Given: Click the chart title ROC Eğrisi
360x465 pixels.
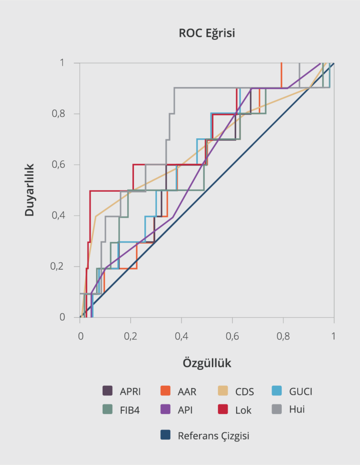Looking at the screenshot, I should (207, 33).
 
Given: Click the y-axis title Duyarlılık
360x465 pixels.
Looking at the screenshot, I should (30, 190).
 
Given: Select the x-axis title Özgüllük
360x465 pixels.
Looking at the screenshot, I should (207, 363).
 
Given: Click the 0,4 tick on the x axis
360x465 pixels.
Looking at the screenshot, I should (181, 336).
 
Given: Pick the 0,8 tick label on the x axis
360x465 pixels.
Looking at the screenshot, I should (283, 336).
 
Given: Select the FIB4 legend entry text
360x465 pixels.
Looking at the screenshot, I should (130, 410).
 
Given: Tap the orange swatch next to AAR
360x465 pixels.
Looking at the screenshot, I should (165, 391).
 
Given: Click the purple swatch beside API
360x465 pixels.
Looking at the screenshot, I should (165, 410).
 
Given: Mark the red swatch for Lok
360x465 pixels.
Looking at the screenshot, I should (223, 410).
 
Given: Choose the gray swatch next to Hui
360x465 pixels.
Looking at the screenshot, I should (277, 409).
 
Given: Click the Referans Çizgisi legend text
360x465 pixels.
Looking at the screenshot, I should (213, 436).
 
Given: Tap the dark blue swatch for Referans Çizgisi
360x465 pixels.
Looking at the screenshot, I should (165, 435).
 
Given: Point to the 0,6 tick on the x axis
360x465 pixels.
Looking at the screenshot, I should (232, 336).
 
